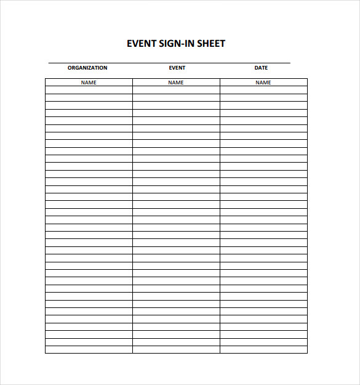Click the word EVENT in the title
point(140,44)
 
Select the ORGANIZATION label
point(87,68)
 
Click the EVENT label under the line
point(177,68)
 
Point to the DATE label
point(261,68)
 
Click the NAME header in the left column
point(89,83)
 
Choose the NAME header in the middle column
point(176,83)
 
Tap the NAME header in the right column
point(263,83)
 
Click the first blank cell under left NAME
point(89,90)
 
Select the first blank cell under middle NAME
point(176,90)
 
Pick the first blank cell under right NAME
point(263,90)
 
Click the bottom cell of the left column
point(89,350)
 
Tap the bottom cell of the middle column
point(176,350)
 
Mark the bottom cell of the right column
point(263,350)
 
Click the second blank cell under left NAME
point(89,97)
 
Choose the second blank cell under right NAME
point(263,97)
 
